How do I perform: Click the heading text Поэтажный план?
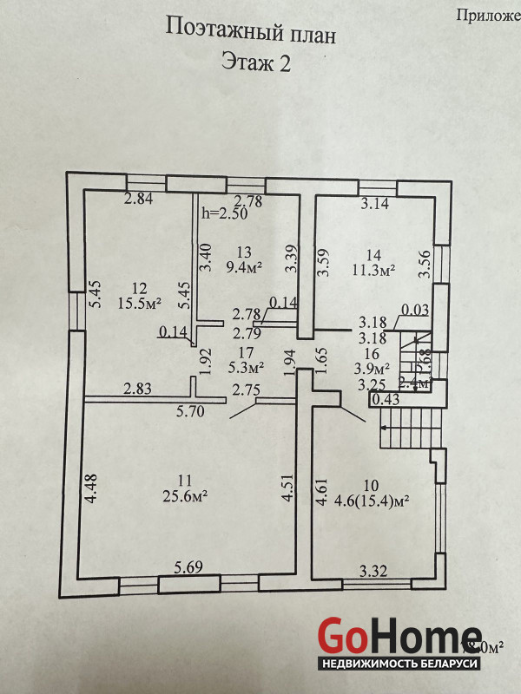pyautogui.click(x=249, y=34)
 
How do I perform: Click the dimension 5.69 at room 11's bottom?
pyautogui.click(x=189, y=567)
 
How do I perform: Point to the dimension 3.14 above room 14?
pyautogui.click(x=374, y=205)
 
